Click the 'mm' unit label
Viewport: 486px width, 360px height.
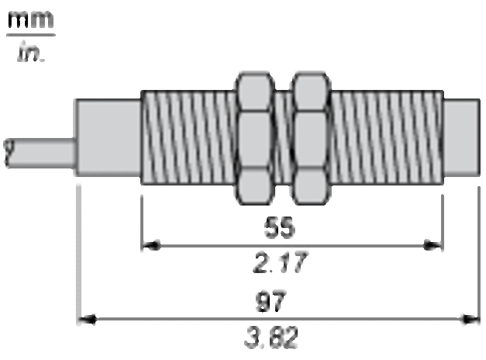(31, 19)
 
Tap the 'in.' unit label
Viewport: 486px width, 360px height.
(31, 52)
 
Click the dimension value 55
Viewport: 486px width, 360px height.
(279, 227)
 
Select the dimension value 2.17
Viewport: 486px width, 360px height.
(281, 263)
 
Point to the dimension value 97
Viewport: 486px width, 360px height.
(270, 301)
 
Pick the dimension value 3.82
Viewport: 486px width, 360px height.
(272, 337)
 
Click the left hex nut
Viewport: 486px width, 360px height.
(255, 138)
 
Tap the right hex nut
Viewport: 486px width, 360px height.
(310, 138)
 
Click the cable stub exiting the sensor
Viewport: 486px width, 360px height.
(39, 154)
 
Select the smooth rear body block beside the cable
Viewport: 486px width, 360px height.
(108, 137)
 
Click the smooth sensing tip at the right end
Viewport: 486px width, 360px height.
(462, 137)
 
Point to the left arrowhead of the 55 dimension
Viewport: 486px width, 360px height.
(151, 246)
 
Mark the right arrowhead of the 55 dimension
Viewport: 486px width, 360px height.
(433, 246)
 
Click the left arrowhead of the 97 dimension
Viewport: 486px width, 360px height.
(86, 319)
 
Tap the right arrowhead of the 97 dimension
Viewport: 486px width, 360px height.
(470, 319)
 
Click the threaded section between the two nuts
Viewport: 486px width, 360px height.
(282, 137)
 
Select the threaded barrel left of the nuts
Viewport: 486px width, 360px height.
(188, 137)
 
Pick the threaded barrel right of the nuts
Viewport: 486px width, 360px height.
(387, 137)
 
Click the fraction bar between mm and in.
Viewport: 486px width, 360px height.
(31, 35)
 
